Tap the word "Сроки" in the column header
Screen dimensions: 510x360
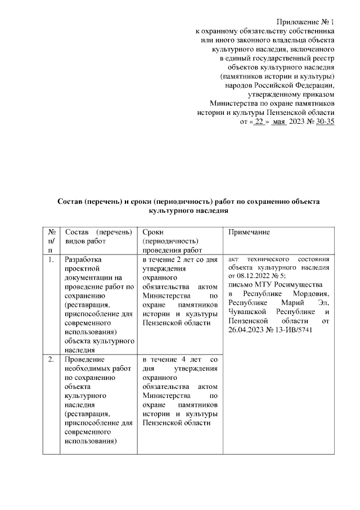153,232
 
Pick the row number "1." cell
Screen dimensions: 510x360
51,260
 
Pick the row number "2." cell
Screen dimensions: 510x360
51,359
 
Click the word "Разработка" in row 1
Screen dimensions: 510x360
83,260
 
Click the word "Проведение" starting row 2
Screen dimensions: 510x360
84,359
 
